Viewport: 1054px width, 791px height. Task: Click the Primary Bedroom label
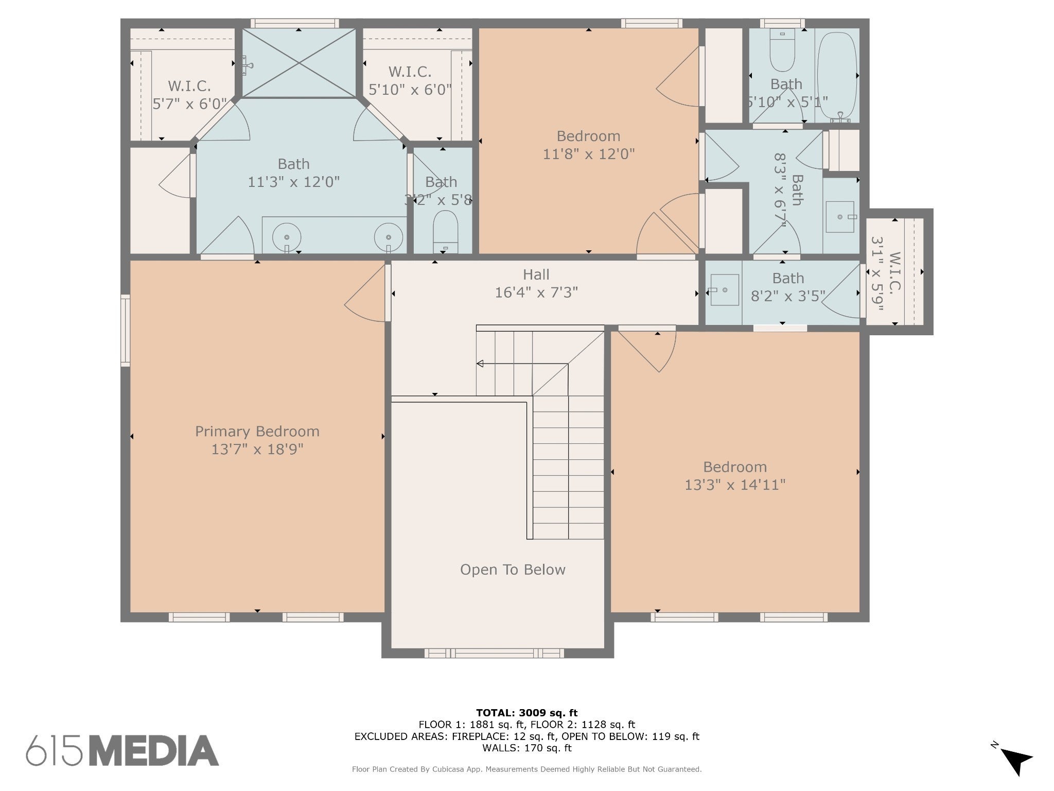coord(257,431)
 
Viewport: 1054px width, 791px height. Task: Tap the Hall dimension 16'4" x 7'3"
coord(536,293)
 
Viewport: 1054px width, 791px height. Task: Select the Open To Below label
coord(513,570)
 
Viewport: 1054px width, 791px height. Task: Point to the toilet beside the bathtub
coord(782,50)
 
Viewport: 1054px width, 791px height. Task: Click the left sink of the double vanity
coord(287,237)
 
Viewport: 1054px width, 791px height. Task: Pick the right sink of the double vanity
coord(389,237)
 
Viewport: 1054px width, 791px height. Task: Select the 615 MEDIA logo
coord(122,751)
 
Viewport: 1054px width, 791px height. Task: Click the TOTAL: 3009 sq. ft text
coord(527,713)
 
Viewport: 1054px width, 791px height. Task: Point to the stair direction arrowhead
coord(480,364)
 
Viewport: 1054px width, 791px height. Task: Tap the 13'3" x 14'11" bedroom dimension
coord(735,485)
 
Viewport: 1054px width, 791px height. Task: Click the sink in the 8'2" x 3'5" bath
coord(724,290)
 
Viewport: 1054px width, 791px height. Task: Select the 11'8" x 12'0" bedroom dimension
coord(589,154)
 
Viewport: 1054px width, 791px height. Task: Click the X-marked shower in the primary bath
coord(299,63)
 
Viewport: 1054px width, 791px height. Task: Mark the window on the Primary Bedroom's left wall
coord(125,331)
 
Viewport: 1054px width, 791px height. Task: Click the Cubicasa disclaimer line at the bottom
coord(527,769)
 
